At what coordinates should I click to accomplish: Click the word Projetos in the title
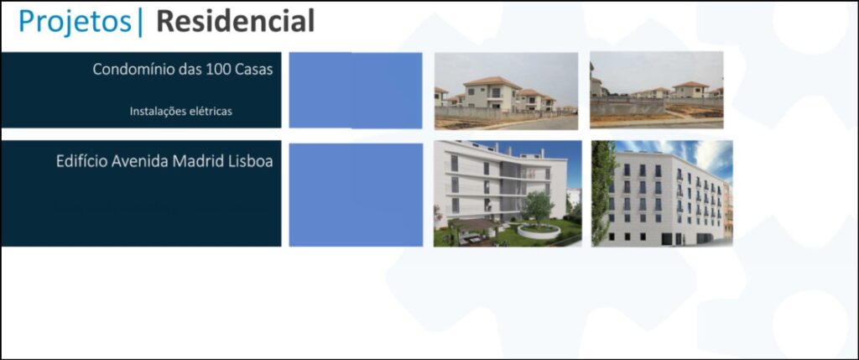(x=75, y=22)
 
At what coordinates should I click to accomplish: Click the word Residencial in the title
(x=236, y=21)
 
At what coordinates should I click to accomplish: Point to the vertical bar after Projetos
(x=141, y=23)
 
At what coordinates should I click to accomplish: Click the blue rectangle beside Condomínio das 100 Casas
(x=356, y=91)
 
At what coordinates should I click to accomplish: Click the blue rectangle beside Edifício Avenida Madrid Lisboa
(x=356, y=195)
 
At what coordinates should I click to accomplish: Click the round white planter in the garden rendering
(x=539, y=232)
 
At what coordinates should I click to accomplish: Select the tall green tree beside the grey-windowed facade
(x=602, y=192)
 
